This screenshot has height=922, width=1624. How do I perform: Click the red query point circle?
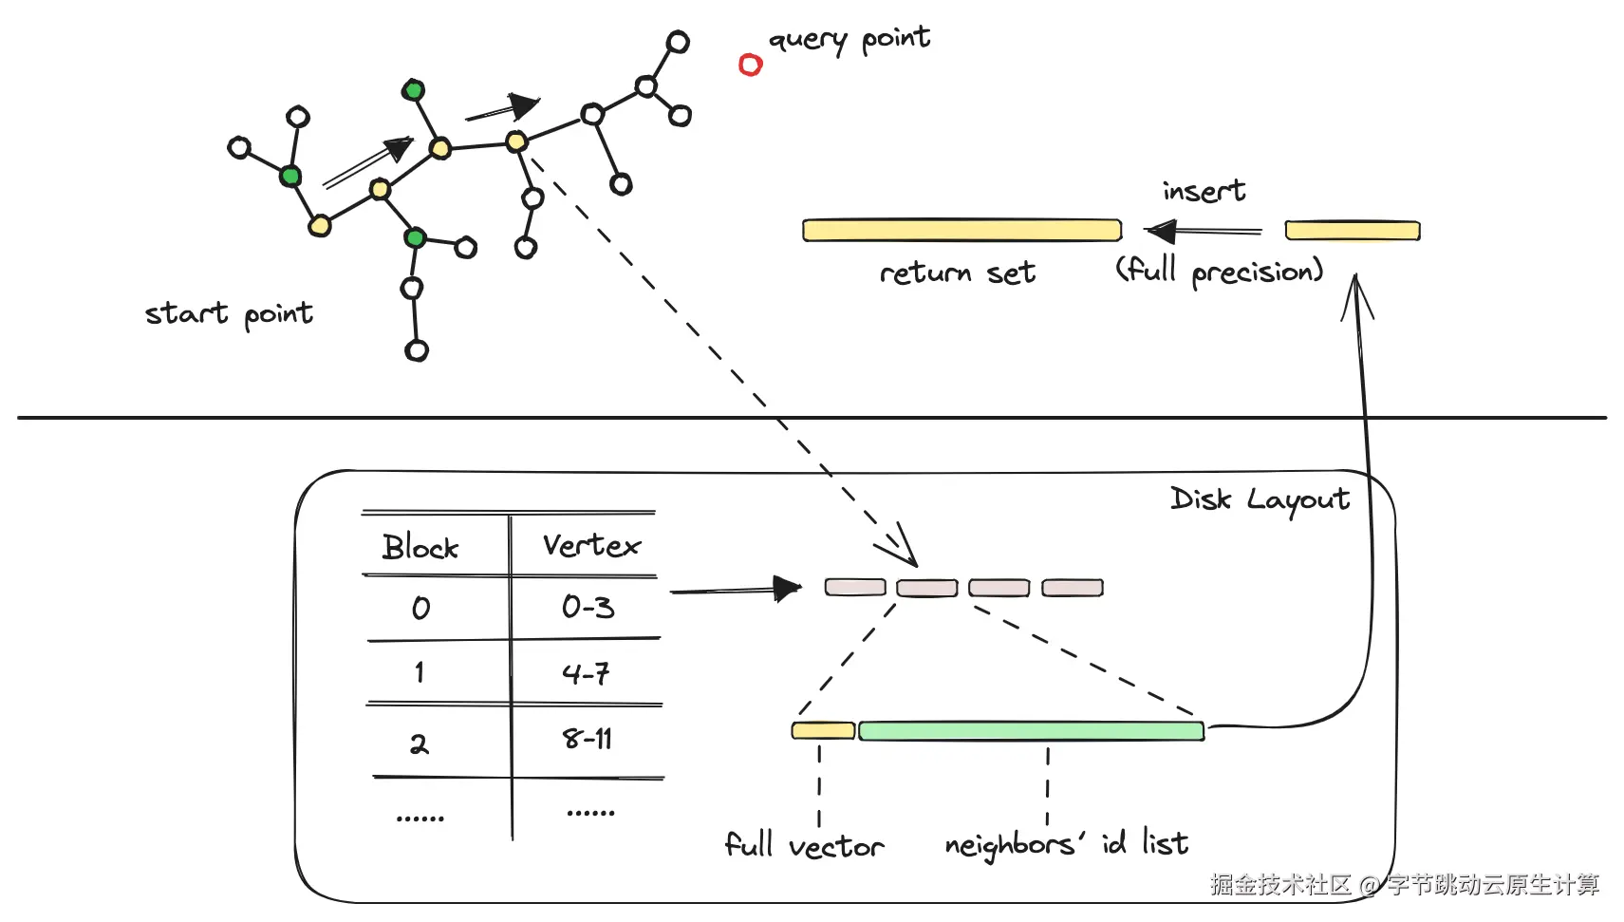coord(751,65)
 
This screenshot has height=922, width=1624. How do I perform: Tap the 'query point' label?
coord(849,40)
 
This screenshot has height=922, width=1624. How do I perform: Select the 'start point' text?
coord(229,313)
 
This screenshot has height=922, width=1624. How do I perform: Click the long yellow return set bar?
coord(961,230)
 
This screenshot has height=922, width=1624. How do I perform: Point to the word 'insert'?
coord(1204,192)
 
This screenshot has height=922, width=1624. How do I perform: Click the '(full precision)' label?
coord(1219,272)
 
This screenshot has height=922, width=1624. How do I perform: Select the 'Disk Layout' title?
coord(1260,499)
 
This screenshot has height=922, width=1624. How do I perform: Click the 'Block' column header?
coord(420,548)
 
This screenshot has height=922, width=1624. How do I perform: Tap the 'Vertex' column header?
coord(591,546)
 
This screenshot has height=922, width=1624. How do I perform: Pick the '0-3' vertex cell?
coord(588,607)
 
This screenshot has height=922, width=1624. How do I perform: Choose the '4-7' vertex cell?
coord(586,674)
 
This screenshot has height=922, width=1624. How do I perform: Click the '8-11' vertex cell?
coord(588,739)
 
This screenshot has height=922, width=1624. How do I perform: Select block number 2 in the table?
coord(419,743)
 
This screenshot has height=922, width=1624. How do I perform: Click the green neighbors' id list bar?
coord(1031,731)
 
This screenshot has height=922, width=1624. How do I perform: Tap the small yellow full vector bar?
coord(823,730)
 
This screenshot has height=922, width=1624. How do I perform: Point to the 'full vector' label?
coord(804,844)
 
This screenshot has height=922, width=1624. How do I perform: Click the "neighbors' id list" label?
coord(1066,843)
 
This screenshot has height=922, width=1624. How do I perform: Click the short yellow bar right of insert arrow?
coord(1353,231)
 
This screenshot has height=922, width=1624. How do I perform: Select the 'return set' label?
coord(957,273)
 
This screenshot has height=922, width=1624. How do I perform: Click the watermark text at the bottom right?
coord(1404,885)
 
